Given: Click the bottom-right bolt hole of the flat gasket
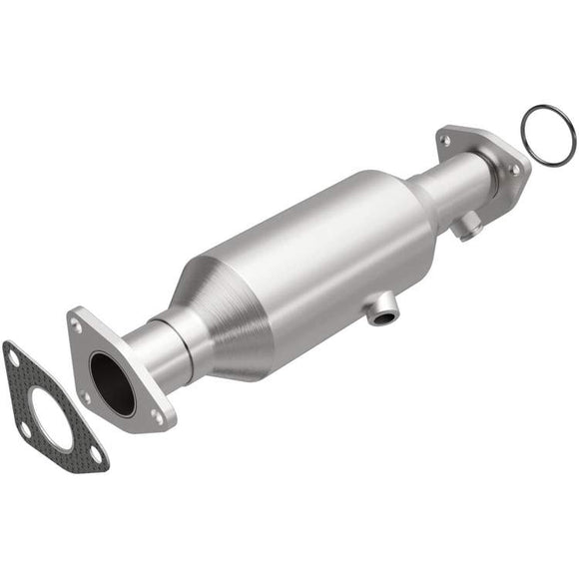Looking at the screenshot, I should (97, 455).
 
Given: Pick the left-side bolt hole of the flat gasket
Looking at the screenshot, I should (24, 429).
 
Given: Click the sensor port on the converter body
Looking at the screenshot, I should (378, 315).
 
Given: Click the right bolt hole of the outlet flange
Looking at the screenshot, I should (515, 171).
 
